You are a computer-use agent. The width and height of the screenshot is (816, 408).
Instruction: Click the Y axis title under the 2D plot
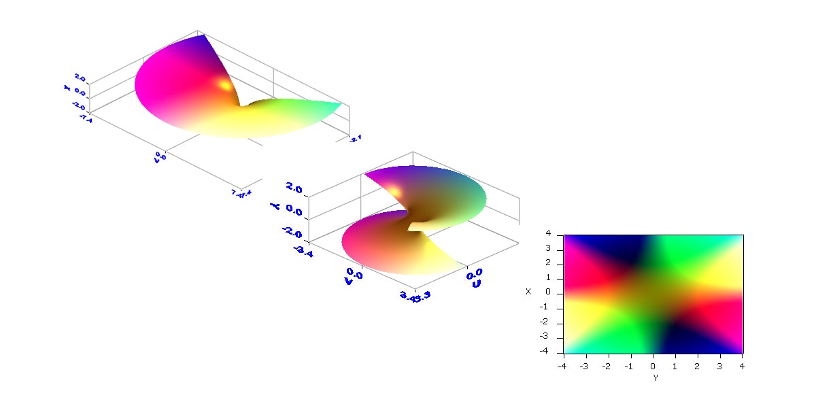tap(654, 377)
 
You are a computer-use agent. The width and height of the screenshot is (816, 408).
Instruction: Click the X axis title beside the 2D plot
tap(528, 291)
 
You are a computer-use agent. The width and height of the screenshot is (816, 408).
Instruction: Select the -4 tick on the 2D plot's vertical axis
tap(555, 352)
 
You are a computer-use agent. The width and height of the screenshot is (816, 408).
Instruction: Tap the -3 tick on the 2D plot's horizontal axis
tap(584, 366)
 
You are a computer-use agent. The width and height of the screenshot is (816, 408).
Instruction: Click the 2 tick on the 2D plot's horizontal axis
tap(697, 366)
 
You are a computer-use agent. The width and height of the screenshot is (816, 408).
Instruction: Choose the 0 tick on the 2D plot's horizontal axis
tap(653, 366)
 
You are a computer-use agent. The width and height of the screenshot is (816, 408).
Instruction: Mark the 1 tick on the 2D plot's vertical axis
tap(557, 279)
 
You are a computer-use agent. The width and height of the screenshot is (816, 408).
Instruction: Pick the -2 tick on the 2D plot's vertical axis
tap(555, 322)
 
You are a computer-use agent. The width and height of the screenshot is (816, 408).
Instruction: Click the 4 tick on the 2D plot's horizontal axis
tap(742, 366)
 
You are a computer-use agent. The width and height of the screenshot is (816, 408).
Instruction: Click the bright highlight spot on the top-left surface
tap(224, 85)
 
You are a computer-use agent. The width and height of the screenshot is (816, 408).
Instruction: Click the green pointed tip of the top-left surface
tap(339, 103)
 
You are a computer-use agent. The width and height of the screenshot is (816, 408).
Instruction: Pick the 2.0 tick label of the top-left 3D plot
tap(80, 79)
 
